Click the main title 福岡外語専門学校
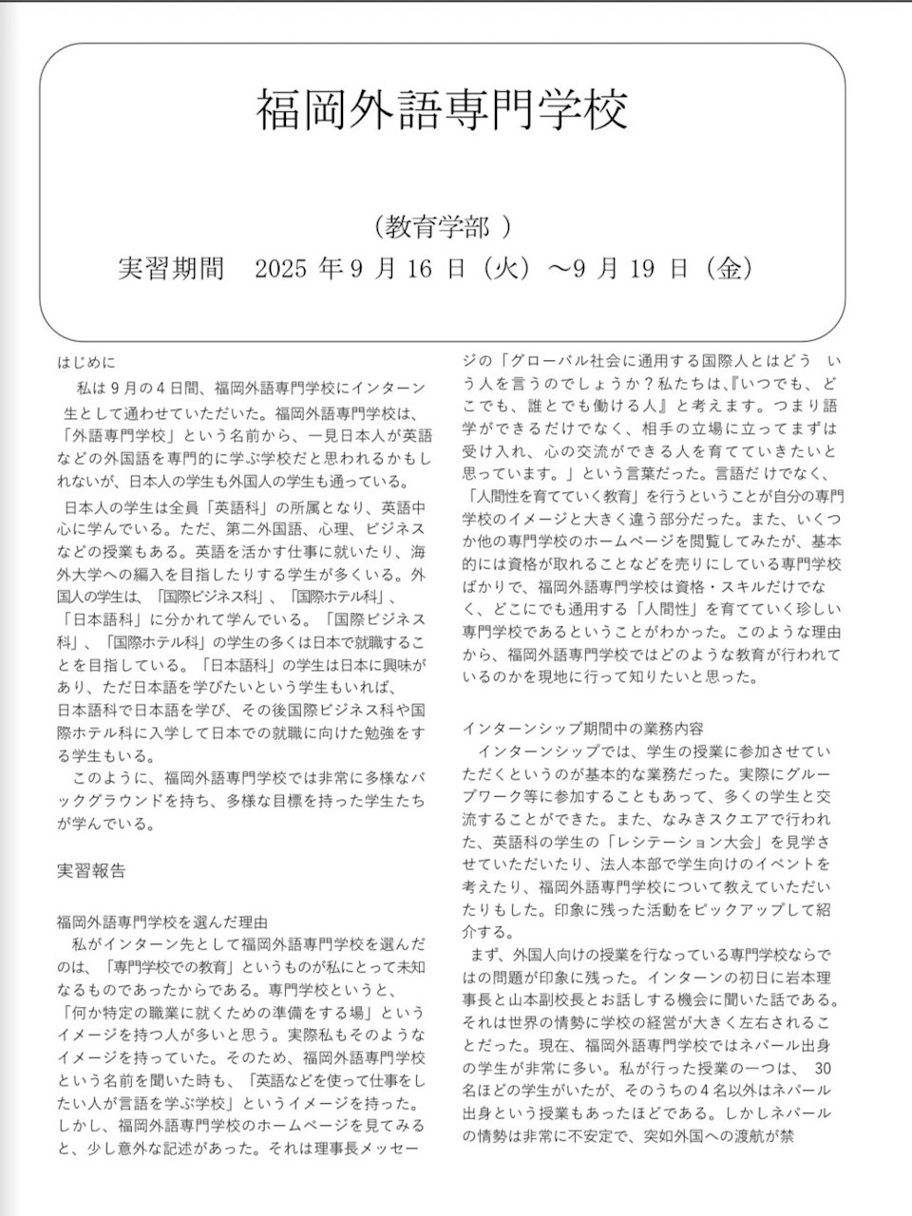pyautogui.click(x=442, y=110)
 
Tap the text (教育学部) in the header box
pyautogui.click(x=443, y=227)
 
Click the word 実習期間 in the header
pyautogui.click(x=170, y=270)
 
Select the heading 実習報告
pyautogui.click(x=91, y=870)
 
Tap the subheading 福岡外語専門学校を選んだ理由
pyautogui.click(x=161, y=921)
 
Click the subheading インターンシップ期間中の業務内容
pyautogui.click(x=583, y=729)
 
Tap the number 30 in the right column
pyautogui.click(x=824, y=1067)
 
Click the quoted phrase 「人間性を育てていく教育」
pyautogui.click(x=563, y=496)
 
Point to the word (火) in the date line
pyautogui.click(x=506, y=270)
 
